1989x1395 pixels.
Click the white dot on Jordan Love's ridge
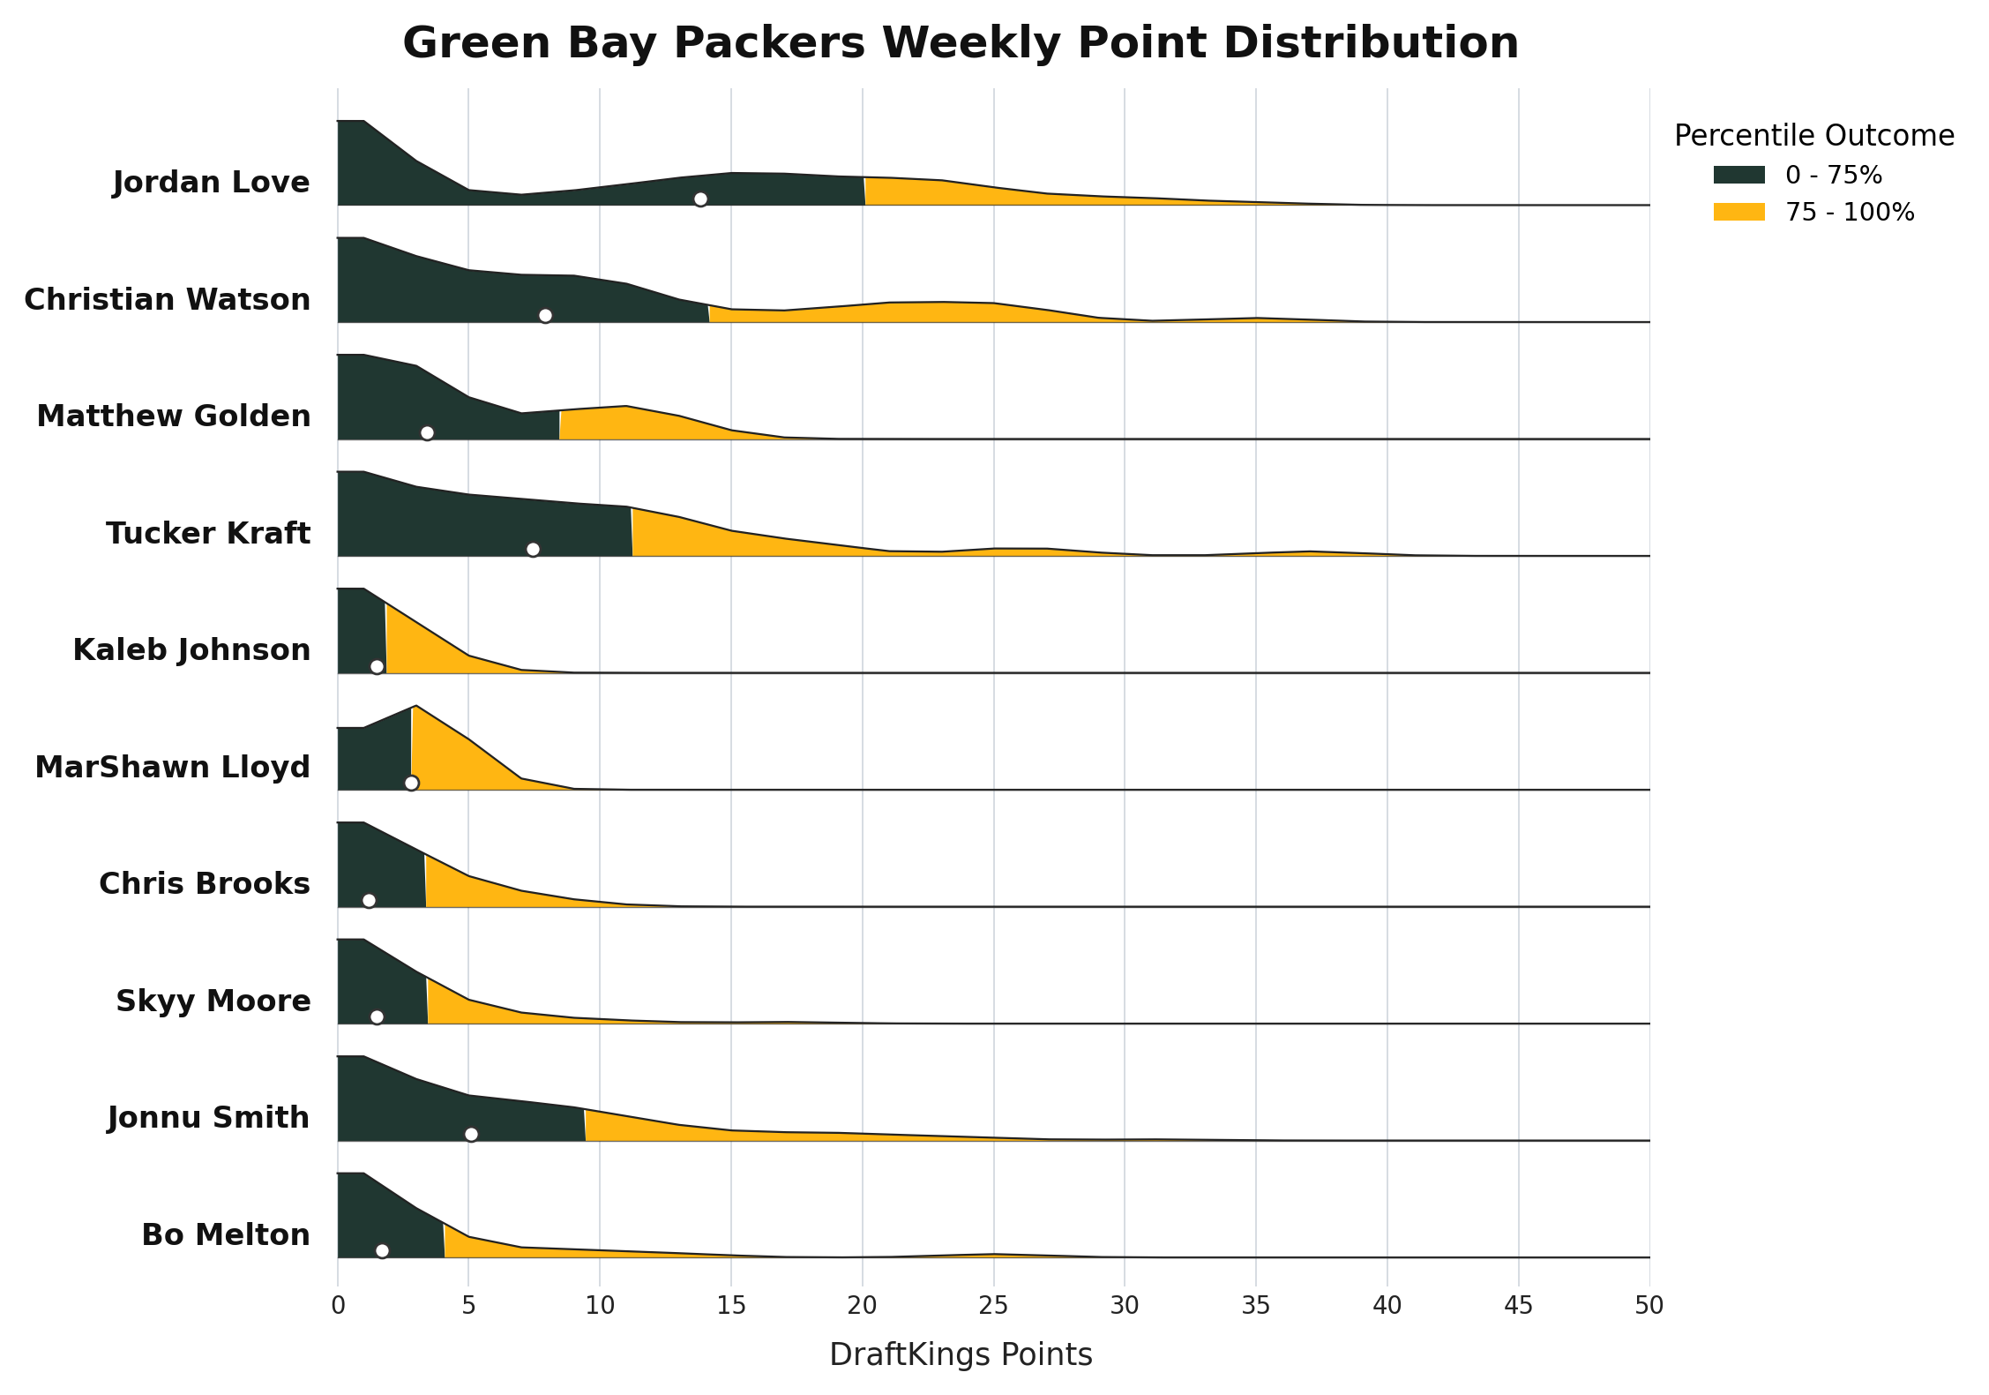700,199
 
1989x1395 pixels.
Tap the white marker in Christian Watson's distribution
545,316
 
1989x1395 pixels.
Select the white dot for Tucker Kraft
533,550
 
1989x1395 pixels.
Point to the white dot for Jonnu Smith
471,1134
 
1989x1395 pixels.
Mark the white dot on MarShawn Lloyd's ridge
411,784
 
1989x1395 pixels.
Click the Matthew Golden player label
174,416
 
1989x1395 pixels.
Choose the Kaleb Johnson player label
191,650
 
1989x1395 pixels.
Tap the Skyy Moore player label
213,1001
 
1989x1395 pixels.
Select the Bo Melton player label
226,1235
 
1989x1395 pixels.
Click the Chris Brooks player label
205,884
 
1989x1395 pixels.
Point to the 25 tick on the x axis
994,1306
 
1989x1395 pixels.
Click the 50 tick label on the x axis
1649,1306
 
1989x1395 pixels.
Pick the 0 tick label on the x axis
338,1306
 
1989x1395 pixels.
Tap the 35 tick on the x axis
1256,1306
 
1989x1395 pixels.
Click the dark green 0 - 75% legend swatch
1739,175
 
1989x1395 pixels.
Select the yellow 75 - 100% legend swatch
1739,212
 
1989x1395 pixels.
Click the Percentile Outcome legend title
1814,136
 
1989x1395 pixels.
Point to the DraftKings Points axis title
961,1355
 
